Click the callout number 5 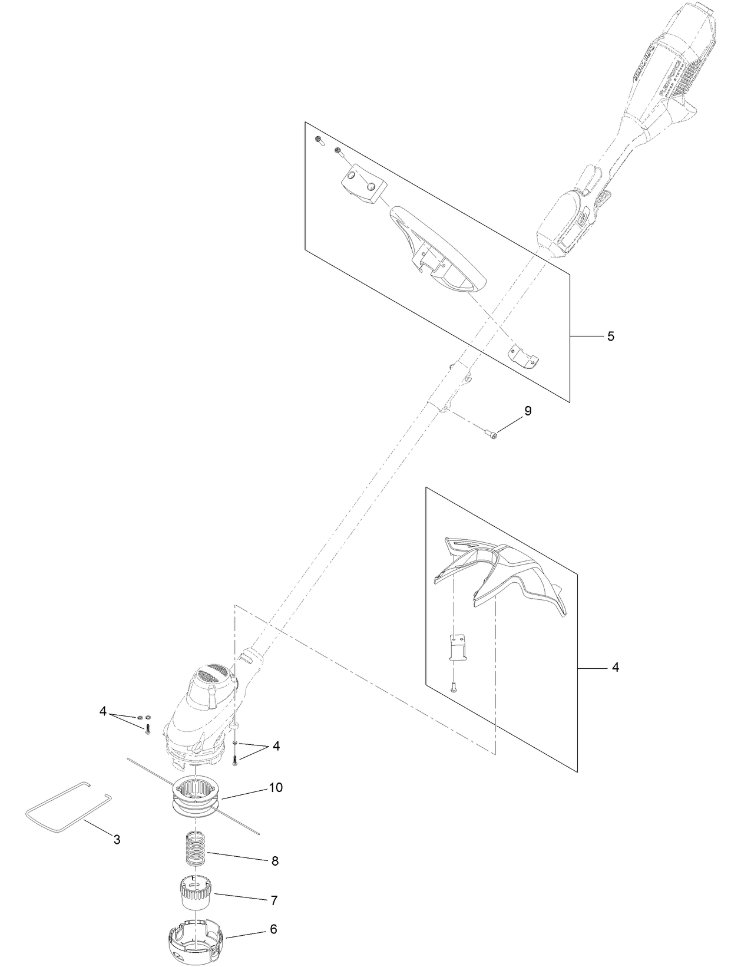[x=611, y=336]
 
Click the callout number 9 [x=528, y=411]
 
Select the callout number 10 [x=275, y=787]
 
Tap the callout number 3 [x=117, y=840]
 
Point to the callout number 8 [x=274, y=860]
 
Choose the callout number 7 [x=274, y=900]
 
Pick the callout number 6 [x=273, y=929]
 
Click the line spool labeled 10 [x=197, y=801]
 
